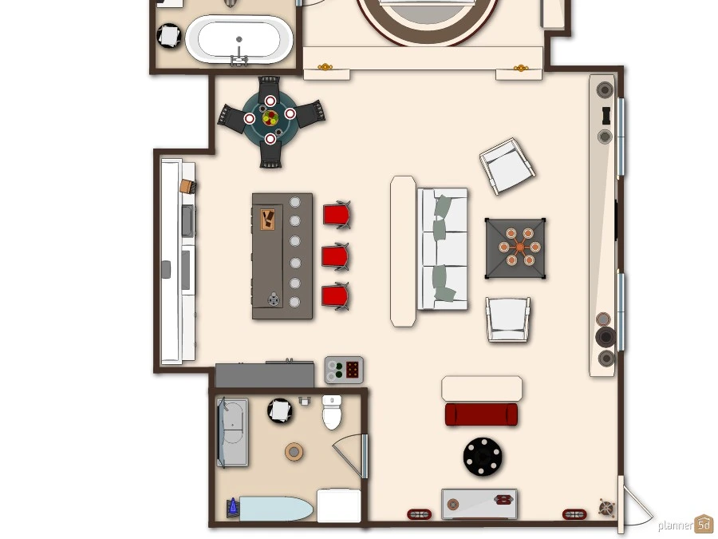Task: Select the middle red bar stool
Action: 336,257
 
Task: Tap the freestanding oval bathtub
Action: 239,39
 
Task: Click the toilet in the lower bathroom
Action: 332,411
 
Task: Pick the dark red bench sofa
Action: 481,414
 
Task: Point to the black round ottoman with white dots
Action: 482,457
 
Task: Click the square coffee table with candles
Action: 515,248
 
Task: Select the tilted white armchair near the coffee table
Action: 507,166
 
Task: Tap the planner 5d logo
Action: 685,525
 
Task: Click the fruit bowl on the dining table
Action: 270,118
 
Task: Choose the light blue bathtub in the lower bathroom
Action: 276,509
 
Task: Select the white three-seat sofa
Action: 442,248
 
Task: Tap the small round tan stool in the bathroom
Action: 294,452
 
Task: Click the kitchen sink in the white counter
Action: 187,221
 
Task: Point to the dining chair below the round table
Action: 270,155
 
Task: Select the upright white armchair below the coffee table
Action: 508,319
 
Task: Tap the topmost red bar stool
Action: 337,215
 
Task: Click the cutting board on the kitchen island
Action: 267,220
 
